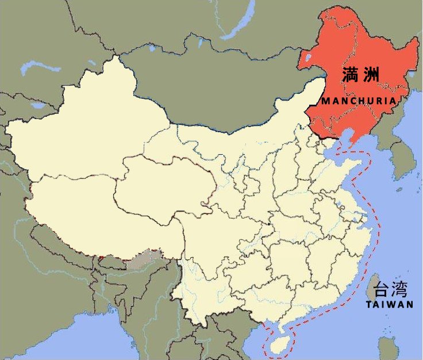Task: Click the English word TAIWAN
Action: pos(390,305)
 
